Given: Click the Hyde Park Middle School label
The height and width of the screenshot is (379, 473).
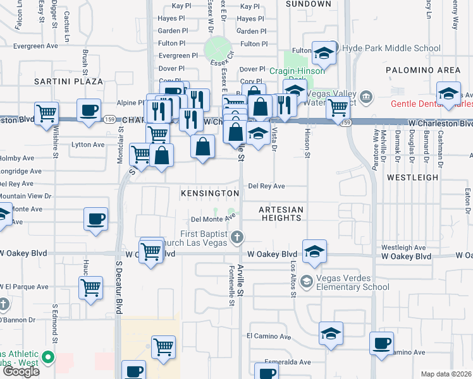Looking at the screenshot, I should [390, 48].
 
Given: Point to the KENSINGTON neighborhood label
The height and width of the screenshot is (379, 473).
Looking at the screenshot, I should [211, 193].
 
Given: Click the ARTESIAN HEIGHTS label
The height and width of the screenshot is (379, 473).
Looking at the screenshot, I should [281, 214].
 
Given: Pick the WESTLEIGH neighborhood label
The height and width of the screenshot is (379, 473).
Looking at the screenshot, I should [412, 177].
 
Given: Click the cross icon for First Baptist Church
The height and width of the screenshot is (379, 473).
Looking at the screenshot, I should [237, 238].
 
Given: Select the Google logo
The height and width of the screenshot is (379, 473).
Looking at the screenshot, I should [21, 371].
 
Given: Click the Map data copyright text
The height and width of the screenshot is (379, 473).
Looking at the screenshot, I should [446, 374].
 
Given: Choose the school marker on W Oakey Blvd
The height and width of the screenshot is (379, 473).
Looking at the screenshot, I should [314, 252].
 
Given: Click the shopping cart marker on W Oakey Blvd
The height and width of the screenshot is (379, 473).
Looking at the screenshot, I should [151, 251].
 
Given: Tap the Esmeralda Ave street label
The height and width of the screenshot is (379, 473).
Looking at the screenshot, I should [288, 362].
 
